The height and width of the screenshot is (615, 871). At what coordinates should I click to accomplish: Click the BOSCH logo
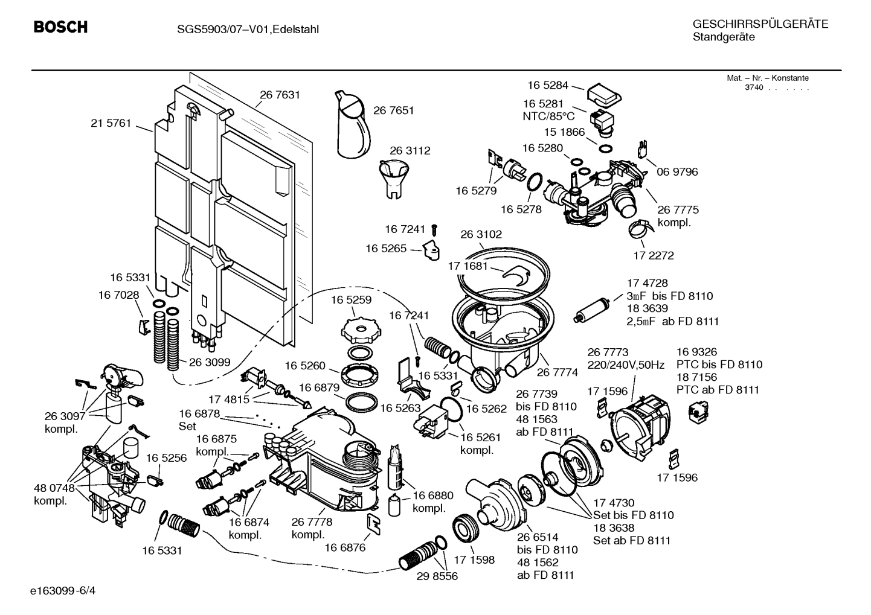coord(60,27)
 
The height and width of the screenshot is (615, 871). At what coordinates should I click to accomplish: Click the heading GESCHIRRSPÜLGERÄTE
coord(760,24)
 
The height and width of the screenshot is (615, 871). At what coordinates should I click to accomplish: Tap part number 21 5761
coord(111,123)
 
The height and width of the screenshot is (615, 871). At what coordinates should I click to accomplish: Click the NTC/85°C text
coord(548,116)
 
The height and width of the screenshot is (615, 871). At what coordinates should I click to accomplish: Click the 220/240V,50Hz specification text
coord(626,365)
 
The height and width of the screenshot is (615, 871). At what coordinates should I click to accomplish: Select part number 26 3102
coord(481,234)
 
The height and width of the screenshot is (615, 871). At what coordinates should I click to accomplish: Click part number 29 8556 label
coord(437,576)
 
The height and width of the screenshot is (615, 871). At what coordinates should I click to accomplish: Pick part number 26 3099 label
coord(210,363)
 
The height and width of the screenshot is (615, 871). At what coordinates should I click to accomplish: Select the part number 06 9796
coord(677,172)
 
